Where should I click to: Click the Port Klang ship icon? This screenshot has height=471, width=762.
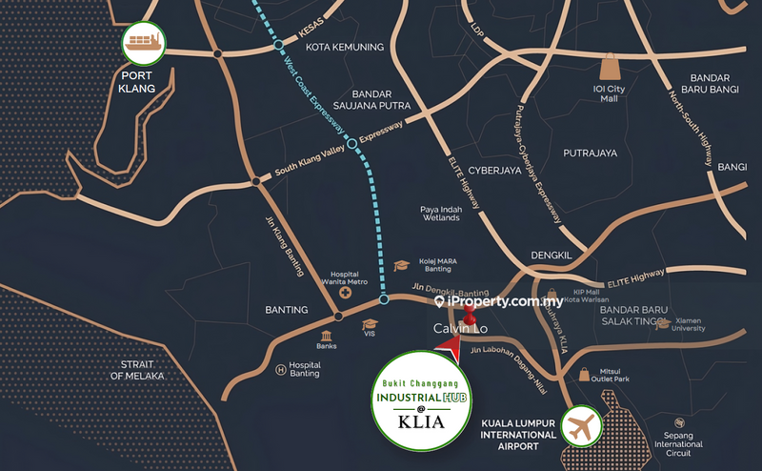coord(144,43)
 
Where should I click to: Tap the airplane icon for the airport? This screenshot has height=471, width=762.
coord(583,426)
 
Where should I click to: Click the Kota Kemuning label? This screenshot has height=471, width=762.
coord(344,47)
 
